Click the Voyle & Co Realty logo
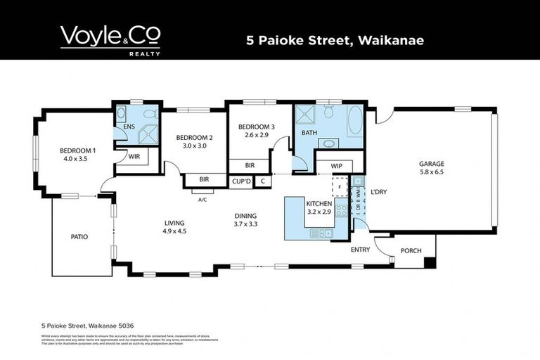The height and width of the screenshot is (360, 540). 110,40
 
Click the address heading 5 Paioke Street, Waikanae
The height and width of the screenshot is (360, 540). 335,39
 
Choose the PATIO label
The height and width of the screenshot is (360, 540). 79,237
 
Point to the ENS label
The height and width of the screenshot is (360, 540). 129,127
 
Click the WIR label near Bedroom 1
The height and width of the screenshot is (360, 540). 134,156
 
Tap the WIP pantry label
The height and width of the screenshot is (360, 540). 327,167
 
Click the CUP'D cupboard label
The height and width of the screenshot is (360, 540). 241,181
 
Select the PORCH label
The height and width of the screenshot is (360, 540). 411,251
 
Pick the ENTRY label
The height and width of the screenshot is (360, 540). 360,250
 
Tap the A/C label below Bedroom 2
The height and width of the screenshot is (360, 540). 202,200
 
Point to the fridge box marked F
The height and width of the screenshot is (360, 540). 339,187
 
